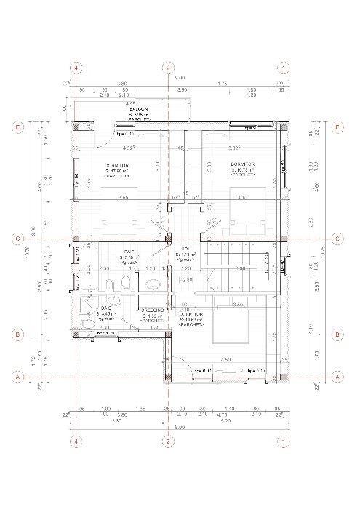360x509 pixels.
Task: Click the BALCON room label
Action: click(x=136, y=110)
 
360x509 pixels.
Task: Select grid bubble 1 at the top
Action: click(x=282, y=67)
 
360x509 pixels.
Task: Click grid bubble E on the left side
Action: click(x=17, y=127)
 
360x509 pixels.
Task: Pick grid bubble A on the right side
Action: click(x=337, y=377)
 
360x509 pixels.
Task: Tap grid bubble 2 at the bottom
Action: click(x=167, y=441)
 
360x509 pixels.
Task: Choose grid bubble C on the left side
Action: click(x=17, y=238)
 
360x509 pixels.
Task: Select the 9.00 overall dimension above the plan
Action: click(x=179, y=77)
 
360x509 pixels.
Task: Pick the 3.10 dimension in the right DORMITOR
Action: click(x=242, y=197)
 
